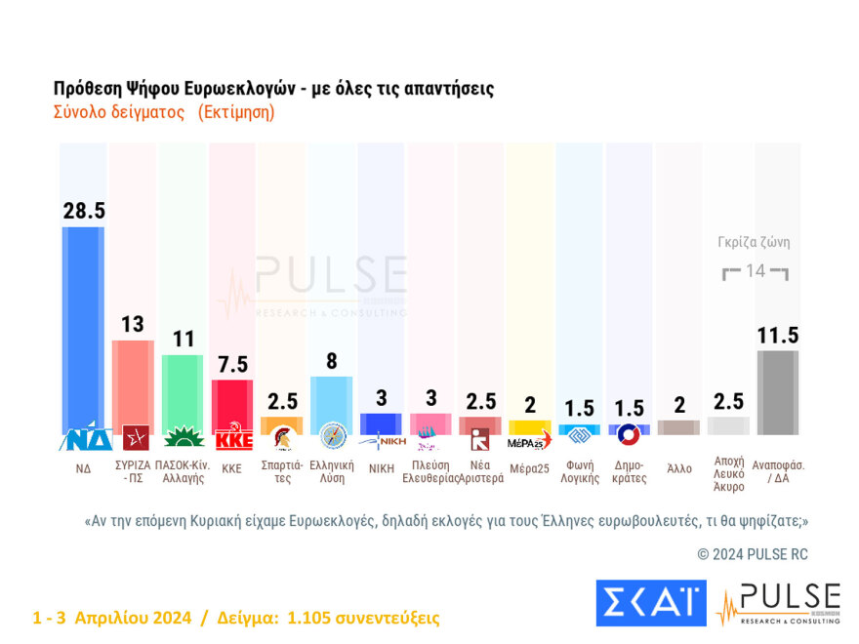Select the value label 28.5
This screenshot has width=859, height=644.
83,212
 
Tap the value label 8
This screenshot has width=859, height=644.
332,361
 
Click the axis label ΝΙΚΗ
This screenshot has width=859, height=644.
381,467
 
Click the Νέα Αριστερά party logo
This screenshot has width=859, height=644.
480,439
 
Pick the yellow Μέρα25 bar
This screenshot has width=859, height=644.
530,427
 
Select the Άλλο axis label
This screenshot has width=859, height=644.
679,467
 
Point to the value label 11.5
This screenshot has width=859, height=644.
778,336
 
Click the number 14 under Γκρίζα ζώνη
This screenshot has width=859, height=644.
756,271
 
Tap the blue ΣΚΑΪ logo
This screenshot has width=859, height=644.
650,602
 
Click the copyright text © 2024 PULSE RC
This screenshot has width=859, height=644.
753,554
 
